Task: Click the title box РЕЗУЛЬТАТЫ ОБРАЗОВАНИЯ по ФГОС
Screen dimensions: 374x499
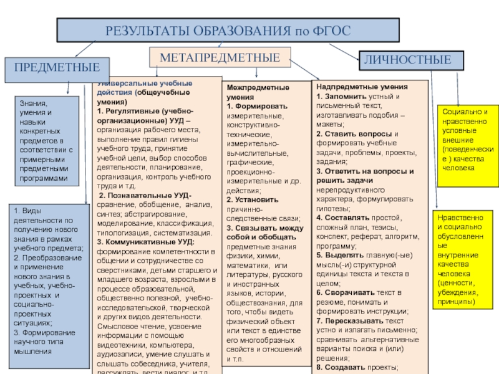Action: [227, 30]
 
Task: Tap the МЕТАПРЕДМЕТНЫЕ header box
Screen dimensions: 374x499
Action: [220, 57]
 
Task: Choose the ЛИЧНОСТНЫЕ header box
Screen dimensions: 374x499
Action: [411, 60]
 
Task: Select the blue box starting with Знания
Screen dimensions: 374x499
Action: [47, 140]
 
